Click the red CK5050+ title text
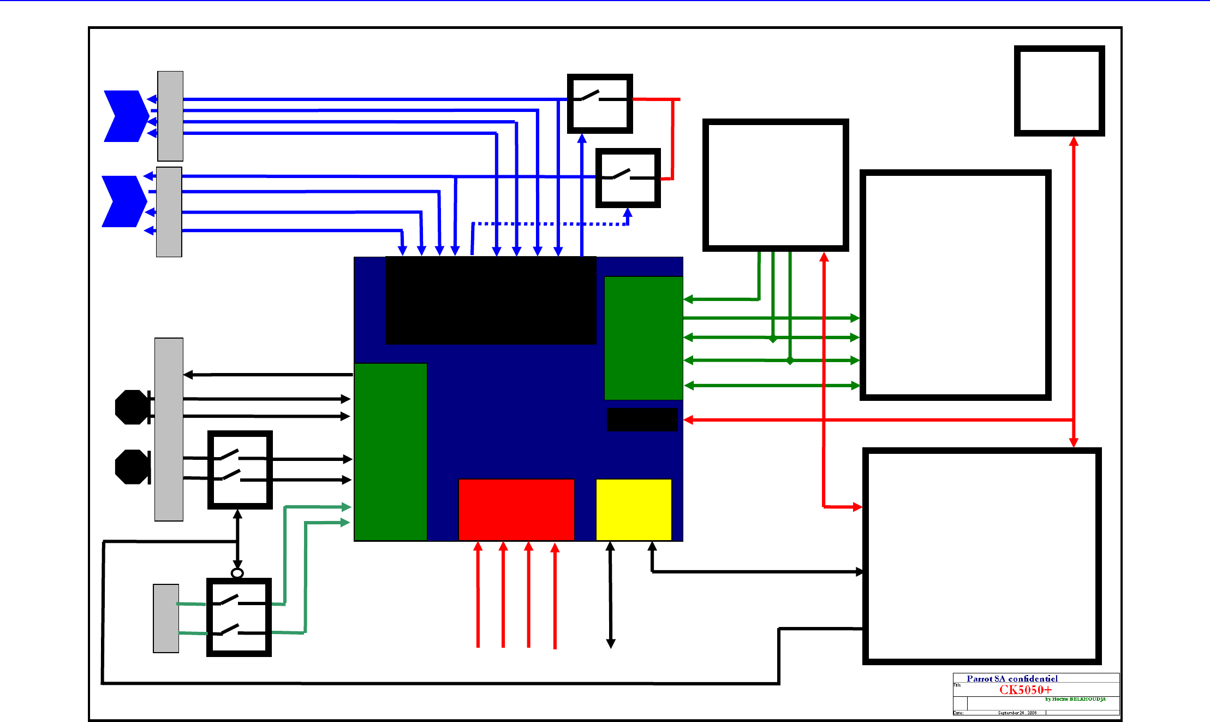(x=1025, y=690)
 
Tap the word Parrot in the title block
(x=980, y=678)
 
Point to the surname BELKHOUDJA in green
(x=1087, y=699)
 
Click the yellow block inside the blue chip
(x=634, y=510)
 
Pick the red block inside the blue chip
(x=516, y=510)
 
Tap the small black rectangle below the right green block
(x=642, y=419)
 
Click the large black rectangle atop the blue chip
(x=490, y=300)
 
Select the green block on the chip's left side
(x=390, y=452)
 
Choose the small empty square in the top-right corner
(x=1059, y=91)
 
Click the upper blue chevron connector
(x=126, y=116)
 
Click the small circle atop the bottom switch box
(x=237, y=573)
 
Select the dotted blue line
(x=546, y=224)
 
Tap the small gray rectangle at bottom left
(x=166, y=618)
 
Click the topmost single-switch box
(x=600, y=104)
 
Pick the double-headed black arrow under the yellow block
(x=611, y=595)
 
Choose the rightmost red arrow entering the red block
(x=555, y=595)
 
